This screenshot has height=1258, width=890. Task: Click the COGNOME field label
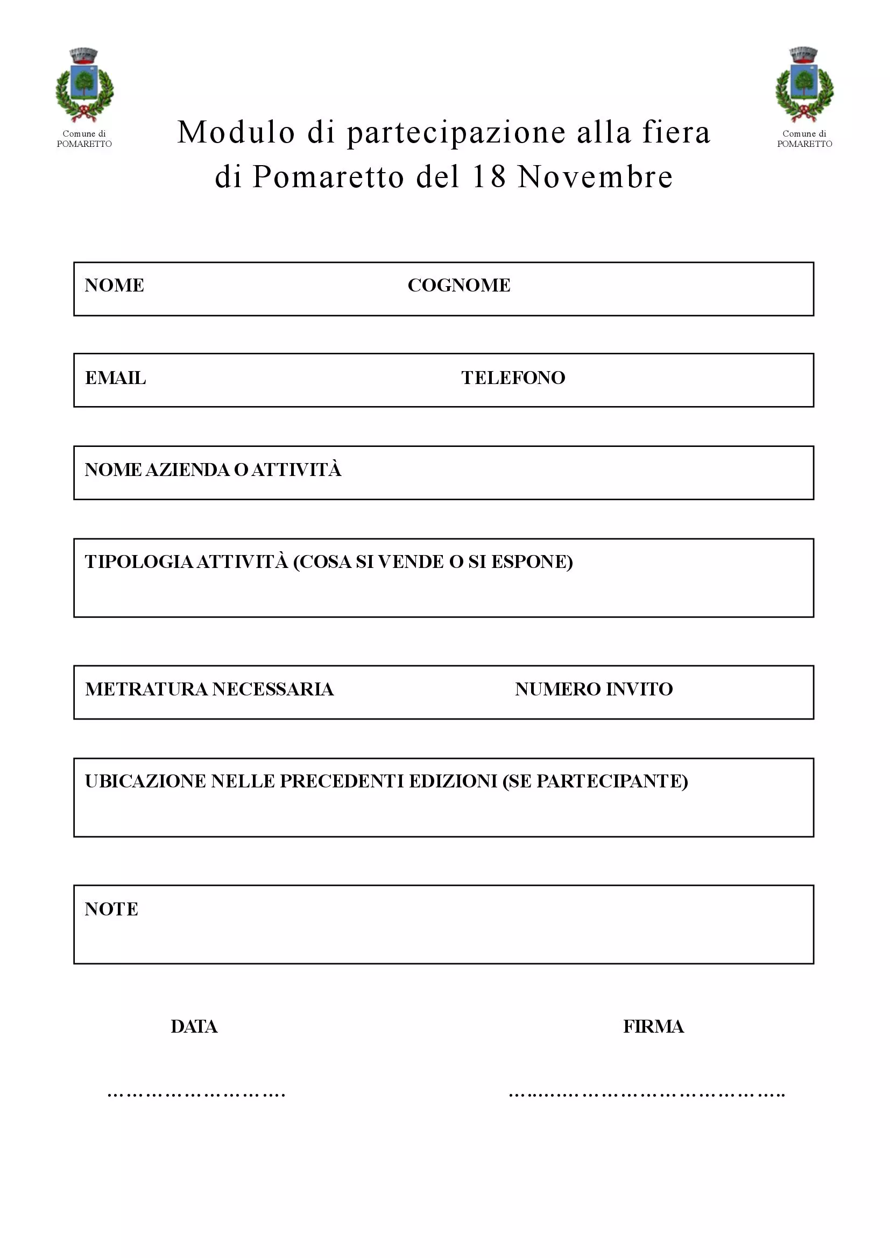[x=458, y=286]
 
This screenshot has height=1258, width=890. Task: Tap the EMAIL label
[x=115, y=378]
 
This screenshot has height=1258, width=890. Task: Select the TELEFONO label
[x=513, y=378]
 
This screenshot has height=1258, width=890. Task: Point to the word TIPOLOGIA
[x=139, y=562]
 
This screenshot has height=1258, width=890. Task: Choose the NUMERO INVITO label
[x=594, y=690]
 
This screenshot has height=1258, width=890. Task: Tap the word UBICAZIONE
[x=145, y=781]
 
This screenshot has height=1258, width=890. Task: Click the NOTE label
[x=111, y=909]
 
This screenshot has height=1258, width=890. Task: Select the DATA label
[x=194, y=1027]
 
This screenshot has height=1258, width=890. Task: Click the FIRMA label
[x=653, y=1027]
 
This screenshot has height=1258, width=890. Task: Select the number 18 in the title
[x=489, y=177]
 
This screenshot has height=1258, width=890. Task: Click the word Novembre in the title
[x=595, y=177]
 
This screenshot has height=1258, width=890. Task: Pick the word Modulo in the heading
[x=236, y=133]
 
